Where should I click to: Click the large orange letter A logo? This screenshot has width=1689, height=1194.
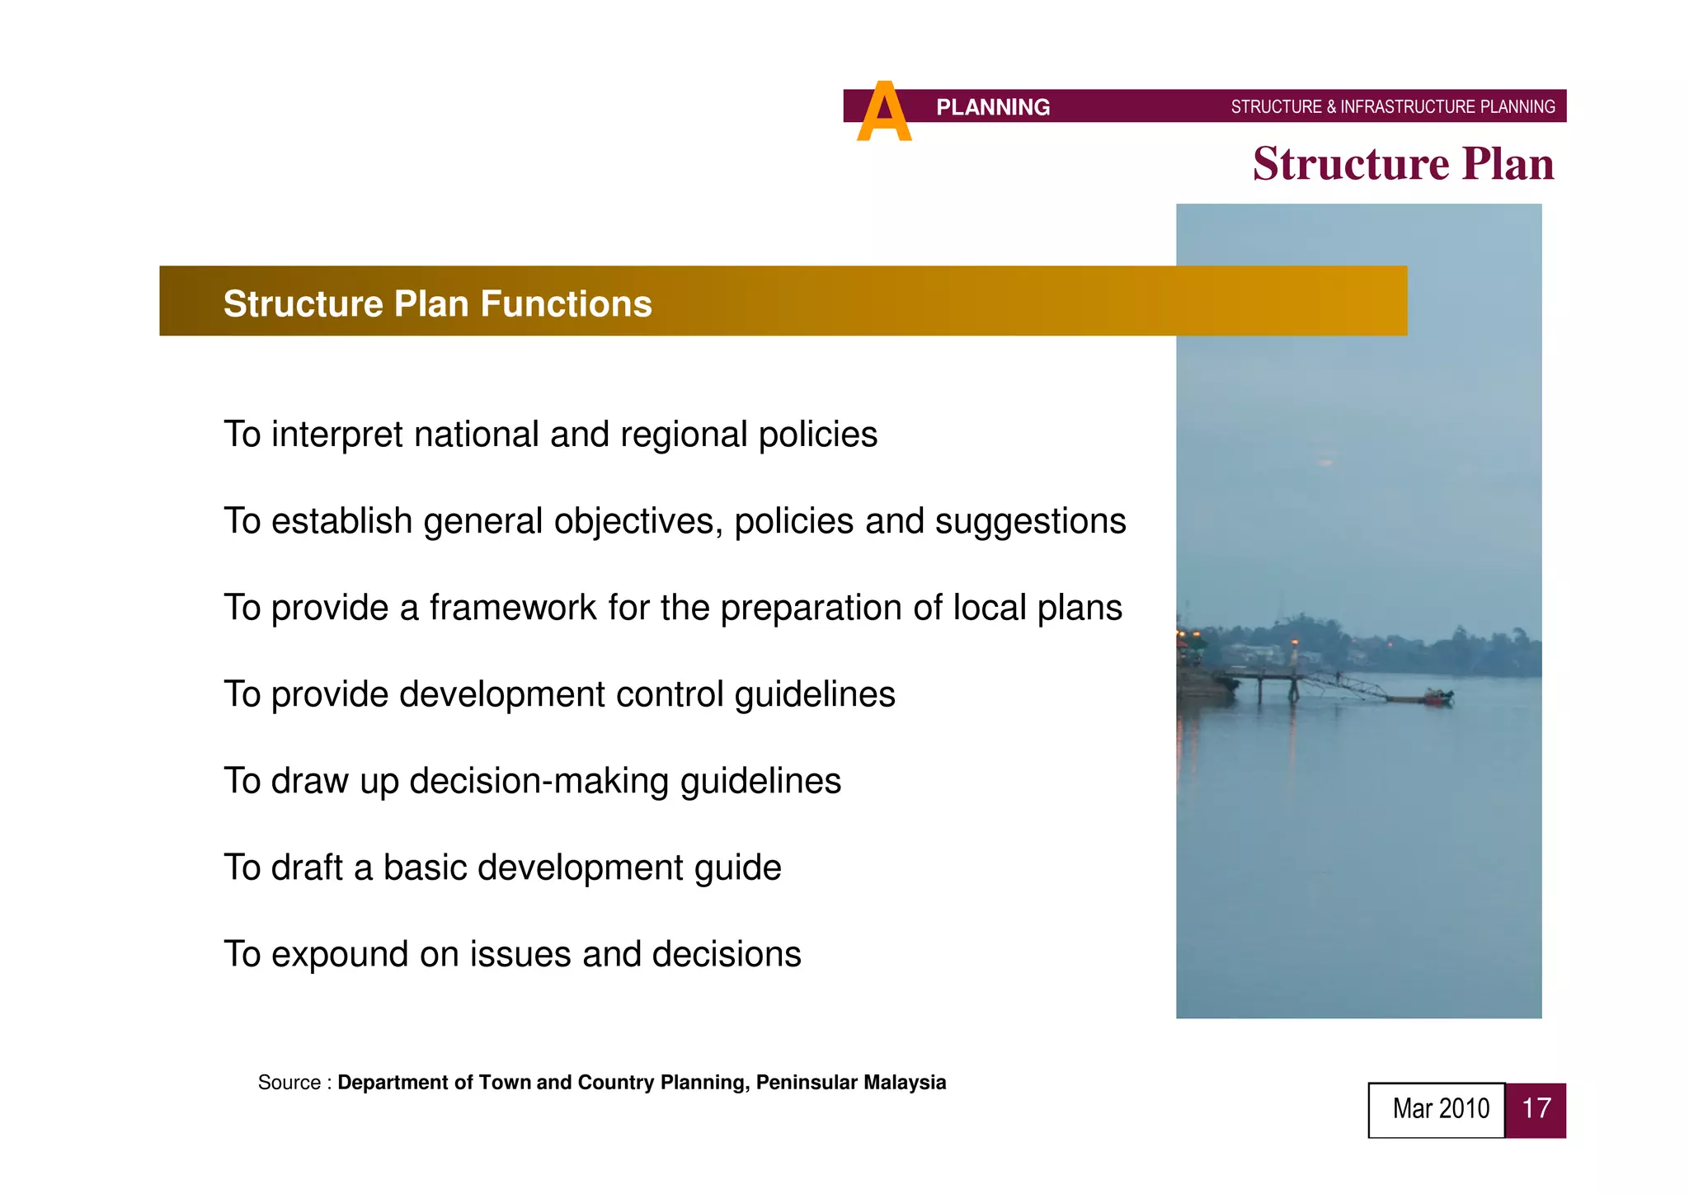click(x=883, y=113)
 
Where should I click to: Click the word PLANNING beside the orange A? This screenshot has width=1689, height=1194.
click(x=992, y=107)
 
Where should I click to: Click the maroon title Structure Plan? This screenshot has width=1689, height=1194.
click(x=1403, y=164)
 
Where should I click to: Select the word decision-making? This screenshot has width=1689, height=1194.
click(x=539, y=781)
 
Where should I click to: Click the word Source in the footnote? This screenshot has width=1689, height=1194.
click(x=289, y=1083)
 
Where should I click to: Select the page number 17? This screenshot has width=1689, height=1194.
click(x=1536, y=1109)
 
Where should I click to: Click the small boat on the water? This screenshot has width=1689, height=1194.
click(x=1437, y=697)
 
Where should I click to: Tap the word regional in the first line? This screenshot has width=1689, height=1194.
click(x=684, y=435)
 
